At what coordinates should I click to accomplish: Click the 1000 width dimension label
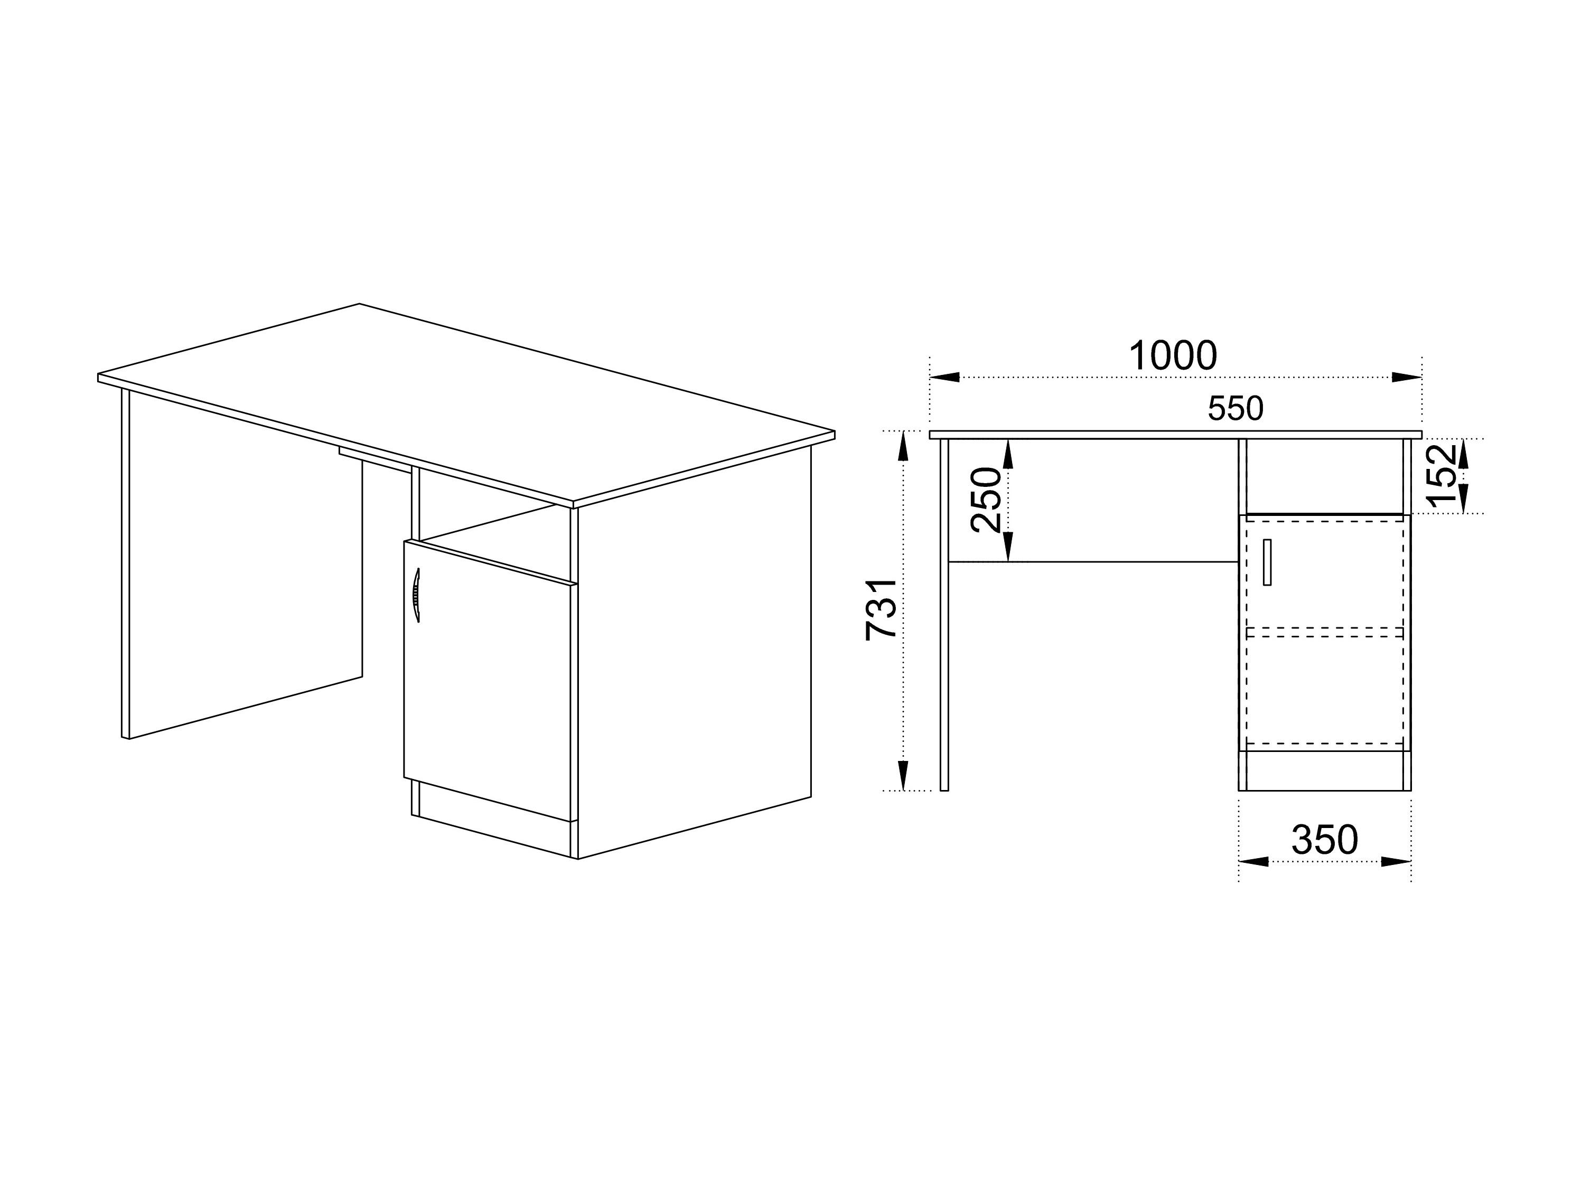pyautogui.click(x=1172, y=355)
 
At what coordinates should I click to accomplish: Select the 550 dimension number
pyautogui.click(x=1235, y=409)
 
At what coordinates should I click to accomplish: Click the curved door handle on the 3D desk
pyautogui.click(x=416, y=595)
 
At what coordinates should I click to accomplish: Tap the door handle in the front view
pyautogui.click(x=1267, y=562)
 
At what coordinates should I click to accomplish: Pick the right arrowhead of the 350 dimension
pyautogui.click(x=1396, y=862)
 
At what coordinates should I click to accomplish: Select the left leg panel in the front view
pyautogui.click(x=944, y=615)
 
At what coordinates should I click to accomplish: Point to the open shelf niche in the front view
pyautogui.click(x=1324, y=475)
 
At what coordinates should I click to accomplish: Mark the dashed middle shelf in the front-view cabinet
pyautogui.click(x=1324, y=632)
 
